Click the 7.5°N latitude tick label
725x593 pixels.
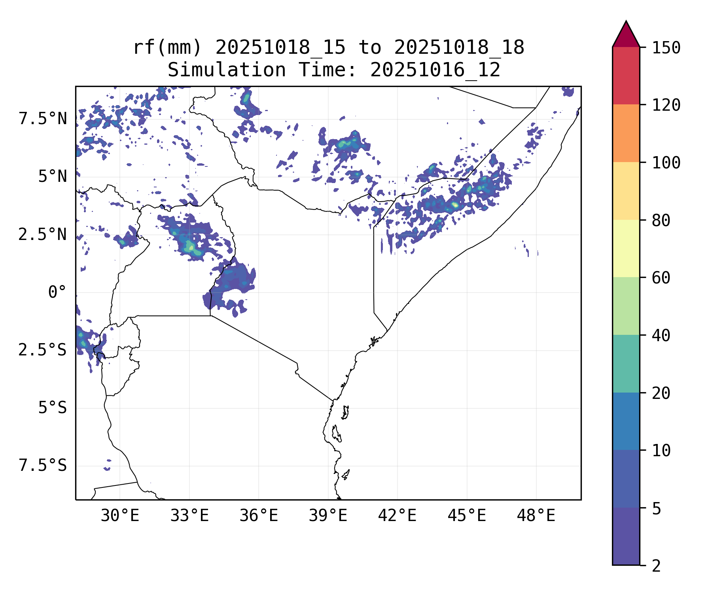point(43,119)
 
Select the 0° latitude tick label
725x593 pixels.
point(57,293)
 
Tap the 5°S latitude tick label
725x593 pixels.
point(52,408)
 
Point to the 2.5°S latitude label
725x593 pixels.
point(43,350)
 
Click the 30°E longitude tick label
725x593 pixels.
point(120,516)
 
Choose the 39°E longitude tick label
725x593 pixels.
point(328,516)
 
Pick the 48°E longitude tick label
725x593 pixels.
point(536,516)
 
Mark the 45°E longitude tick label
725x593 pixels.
point(467,516)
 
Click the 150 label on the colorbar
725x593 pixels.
point(666,48)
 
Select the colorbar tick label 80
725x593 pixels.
point(661,221)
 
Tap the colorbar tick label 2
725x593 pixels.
point(656,566)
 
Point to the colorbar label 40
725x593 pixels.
point(661,336)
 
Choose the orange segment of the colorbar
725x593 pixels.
point(626,133)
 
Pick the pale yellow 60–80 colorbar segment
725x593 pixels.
point(626,248)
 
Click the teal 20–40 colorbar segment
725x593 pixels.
point(626,364)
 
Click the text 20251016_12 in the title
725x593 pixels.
point(435,70)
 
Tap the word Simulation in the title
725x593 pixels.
point(227,70)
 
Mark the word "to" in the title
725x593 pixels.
point(370,47)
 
